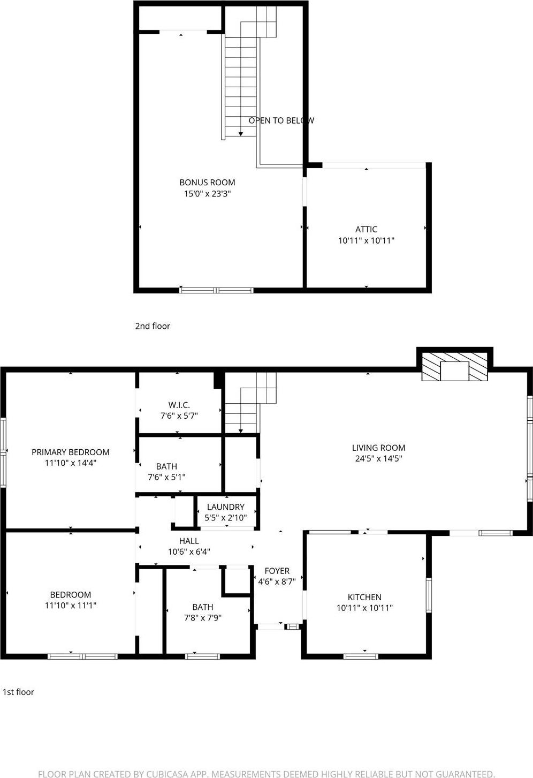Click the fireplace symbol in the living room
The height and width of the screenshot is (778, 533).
tap(454, 367)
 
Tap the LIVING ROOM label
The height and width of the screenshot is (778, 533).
tap(378, 448)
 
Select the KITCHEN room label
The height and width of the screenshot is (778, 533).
tap(364, 597)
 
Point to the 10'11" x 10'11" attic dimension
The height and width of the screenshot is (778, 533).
tap(366, 240)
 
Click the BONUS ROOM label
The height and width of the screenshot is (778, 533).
tap(207, 183)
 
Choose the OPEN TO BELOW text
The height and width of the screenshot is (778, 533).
tap(281, 120)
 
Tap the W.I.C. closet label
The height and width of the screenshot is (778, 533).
tap(179, 405)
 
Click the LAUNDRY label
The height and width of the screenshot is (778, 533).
tap(225, 507)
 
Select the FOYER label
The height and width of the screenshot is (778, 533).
tap(277, 571)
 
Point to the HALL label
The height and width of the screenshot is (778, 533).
tap(189, 541)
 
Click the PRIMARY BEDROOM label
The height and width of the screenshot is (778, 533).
tap(70, 452)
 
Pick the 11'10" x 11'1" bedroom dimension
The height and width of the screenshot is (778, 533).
tap(70, 606)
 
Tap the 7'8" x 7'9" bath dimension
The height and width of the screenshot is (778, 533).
tap(202, 617)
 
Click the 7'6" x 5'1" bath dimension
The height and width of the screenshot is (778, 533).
tap(166, 477)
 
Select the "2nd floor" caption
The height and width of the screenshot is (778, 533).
tap(153, 326)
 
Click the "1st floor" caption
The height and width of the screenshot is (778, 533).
tap(18, 692)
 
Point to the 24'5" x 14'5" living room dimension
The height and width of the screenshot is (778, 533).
tap(378, 458)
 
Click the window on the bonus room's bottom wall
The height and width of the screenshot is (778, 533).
tap(216, 290)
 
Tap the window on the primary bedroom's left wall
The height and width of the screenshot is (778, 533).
tap(3, 452)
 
